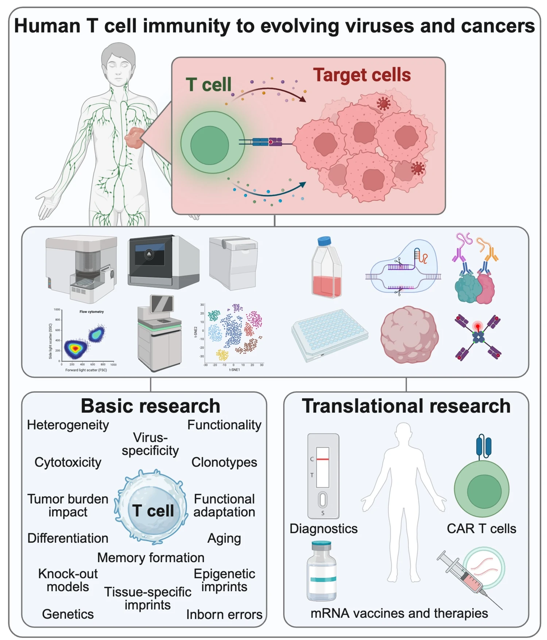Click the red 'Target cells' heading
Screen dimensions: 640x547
[x=362, y=75]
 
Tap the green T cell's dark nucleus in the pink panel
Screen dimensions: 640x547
[x=209, y=145]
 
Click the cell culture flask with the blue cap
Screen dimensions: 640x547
[x=326, y=268]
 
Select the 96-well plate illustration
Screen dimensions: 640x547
[x=329, y=334]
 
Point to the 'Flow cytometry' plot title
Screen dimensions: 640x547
[x=92, y=312]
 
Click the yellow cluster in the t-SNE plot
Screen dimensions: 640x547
[x=222, y=354]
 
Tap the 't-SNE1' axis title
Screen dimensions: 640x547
[x=234, y=370]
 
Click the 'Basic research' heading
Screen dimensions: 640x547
[x=150, y=406]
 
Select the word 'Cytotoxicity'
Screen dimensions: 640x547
[x=68, y=462]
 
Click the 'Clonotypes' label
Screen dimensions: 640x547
[x=224, y=462]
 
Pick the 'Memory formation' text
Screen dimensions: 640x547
[x=150, y=557]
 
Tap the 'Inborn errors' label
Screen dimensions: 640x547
[x=224, y=614]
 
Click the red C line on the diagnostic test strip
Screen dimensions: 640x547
[x=322, y=459]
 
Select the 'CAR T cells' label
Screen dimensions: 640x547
[x=481, y=528]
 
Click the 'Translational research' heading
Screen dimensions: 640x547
[x=406, y=406]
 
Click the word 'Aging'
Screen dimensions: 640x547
[x=224, y=538]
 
